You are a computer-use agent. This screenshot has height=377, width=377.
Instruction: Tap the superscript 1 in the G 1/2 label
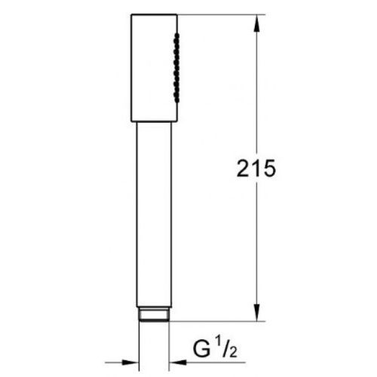coord(216,345)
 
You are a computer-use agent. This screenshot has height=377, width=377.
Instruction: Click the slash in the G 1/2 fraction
coord(223,351)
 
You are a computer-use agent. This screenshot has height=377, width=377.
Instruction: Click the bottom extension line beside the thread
coord(219,322)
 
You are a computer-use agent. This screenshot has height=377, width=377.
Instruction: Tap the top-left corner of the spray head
coord(131,14)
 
